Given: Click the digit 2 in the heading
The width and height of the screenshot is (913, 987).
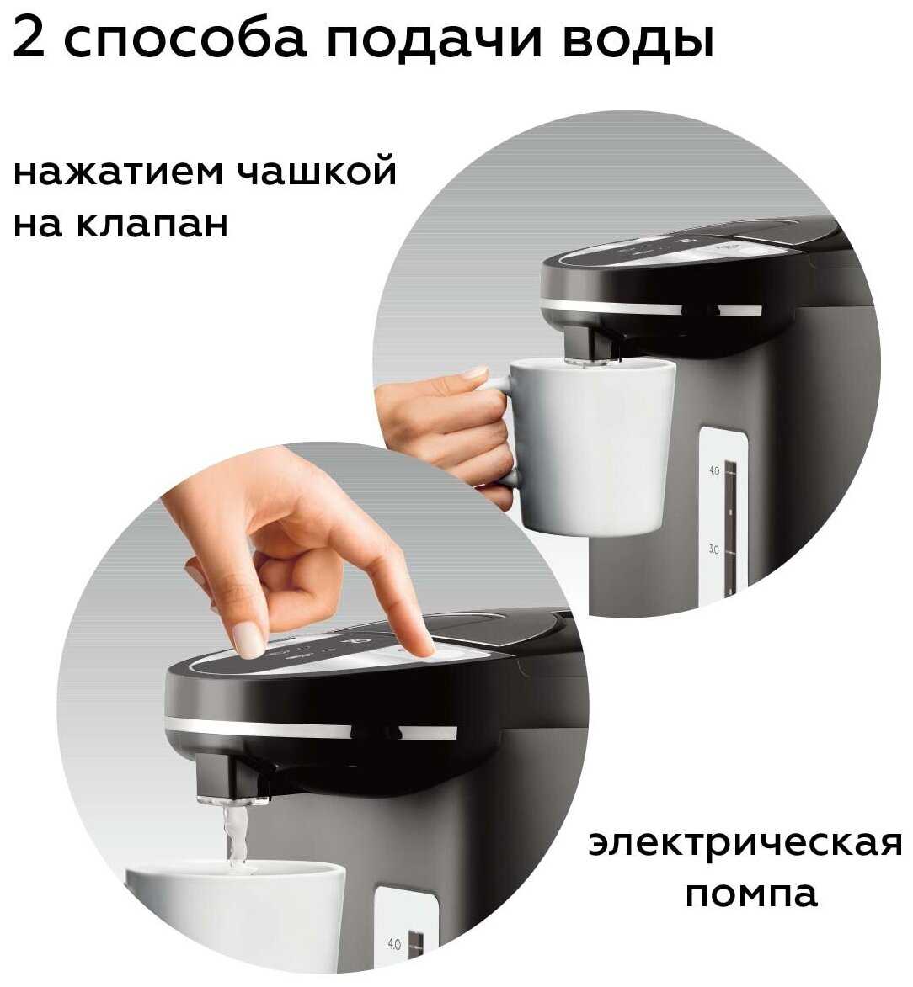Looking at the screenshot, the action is [x=29, y=38].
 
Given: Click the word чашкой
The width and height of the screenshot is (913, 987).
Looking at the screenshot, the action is [x=318, y=169].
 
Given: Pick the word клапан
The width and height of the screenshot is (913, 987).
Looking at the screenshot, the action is [x=152, y=224].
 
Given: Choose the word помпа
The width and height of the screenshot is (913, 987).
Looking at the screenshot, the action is [x=751, y=894].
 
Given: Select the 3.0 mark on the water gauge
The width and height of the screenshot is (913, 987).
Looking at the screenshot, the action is [x=713, y=549].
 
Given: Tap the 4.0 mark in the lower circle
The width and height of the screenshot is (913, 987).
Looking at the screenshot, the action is [x=393, y=944].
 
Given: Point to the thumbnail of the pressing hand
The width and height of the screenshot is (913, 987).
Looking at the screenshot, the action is [x=249, y=640].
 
